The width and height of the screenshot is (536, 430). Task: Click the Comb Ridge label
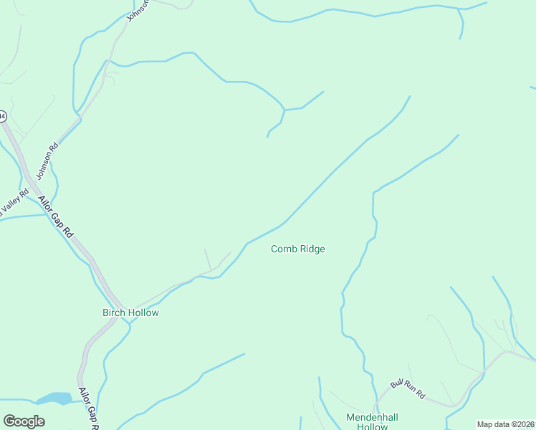pos(298,249)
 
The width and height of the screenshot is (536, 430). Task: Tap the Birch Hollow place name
pos(130,312)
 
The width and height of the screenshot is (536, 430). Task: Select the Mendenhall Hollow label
pos(372,421)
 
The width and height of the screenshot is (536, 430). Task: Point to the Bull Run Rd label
pos(408,390)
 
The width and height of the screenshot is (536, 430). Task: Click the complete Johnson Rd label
pos(47,162)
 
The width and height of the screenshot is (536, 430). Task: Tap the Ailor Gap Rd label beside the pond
pos(88,408)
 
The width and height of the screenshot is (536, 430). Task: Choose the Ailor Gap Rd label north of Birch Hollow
pos(56,216)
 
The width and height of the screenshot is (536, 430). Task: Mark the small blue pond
pos(54,398)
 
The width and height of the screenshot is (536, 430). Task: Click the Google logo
pos(24,421)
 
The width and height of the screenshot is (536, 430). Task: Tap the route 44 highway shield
pos(2,115)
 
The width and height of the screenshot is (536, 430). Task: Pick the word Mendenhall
pos(372,417)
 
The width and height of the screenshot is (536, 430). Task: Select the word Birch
pos(114,312)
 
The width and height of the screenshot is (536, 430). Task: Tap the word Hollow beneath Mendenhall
pos(372,426)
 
